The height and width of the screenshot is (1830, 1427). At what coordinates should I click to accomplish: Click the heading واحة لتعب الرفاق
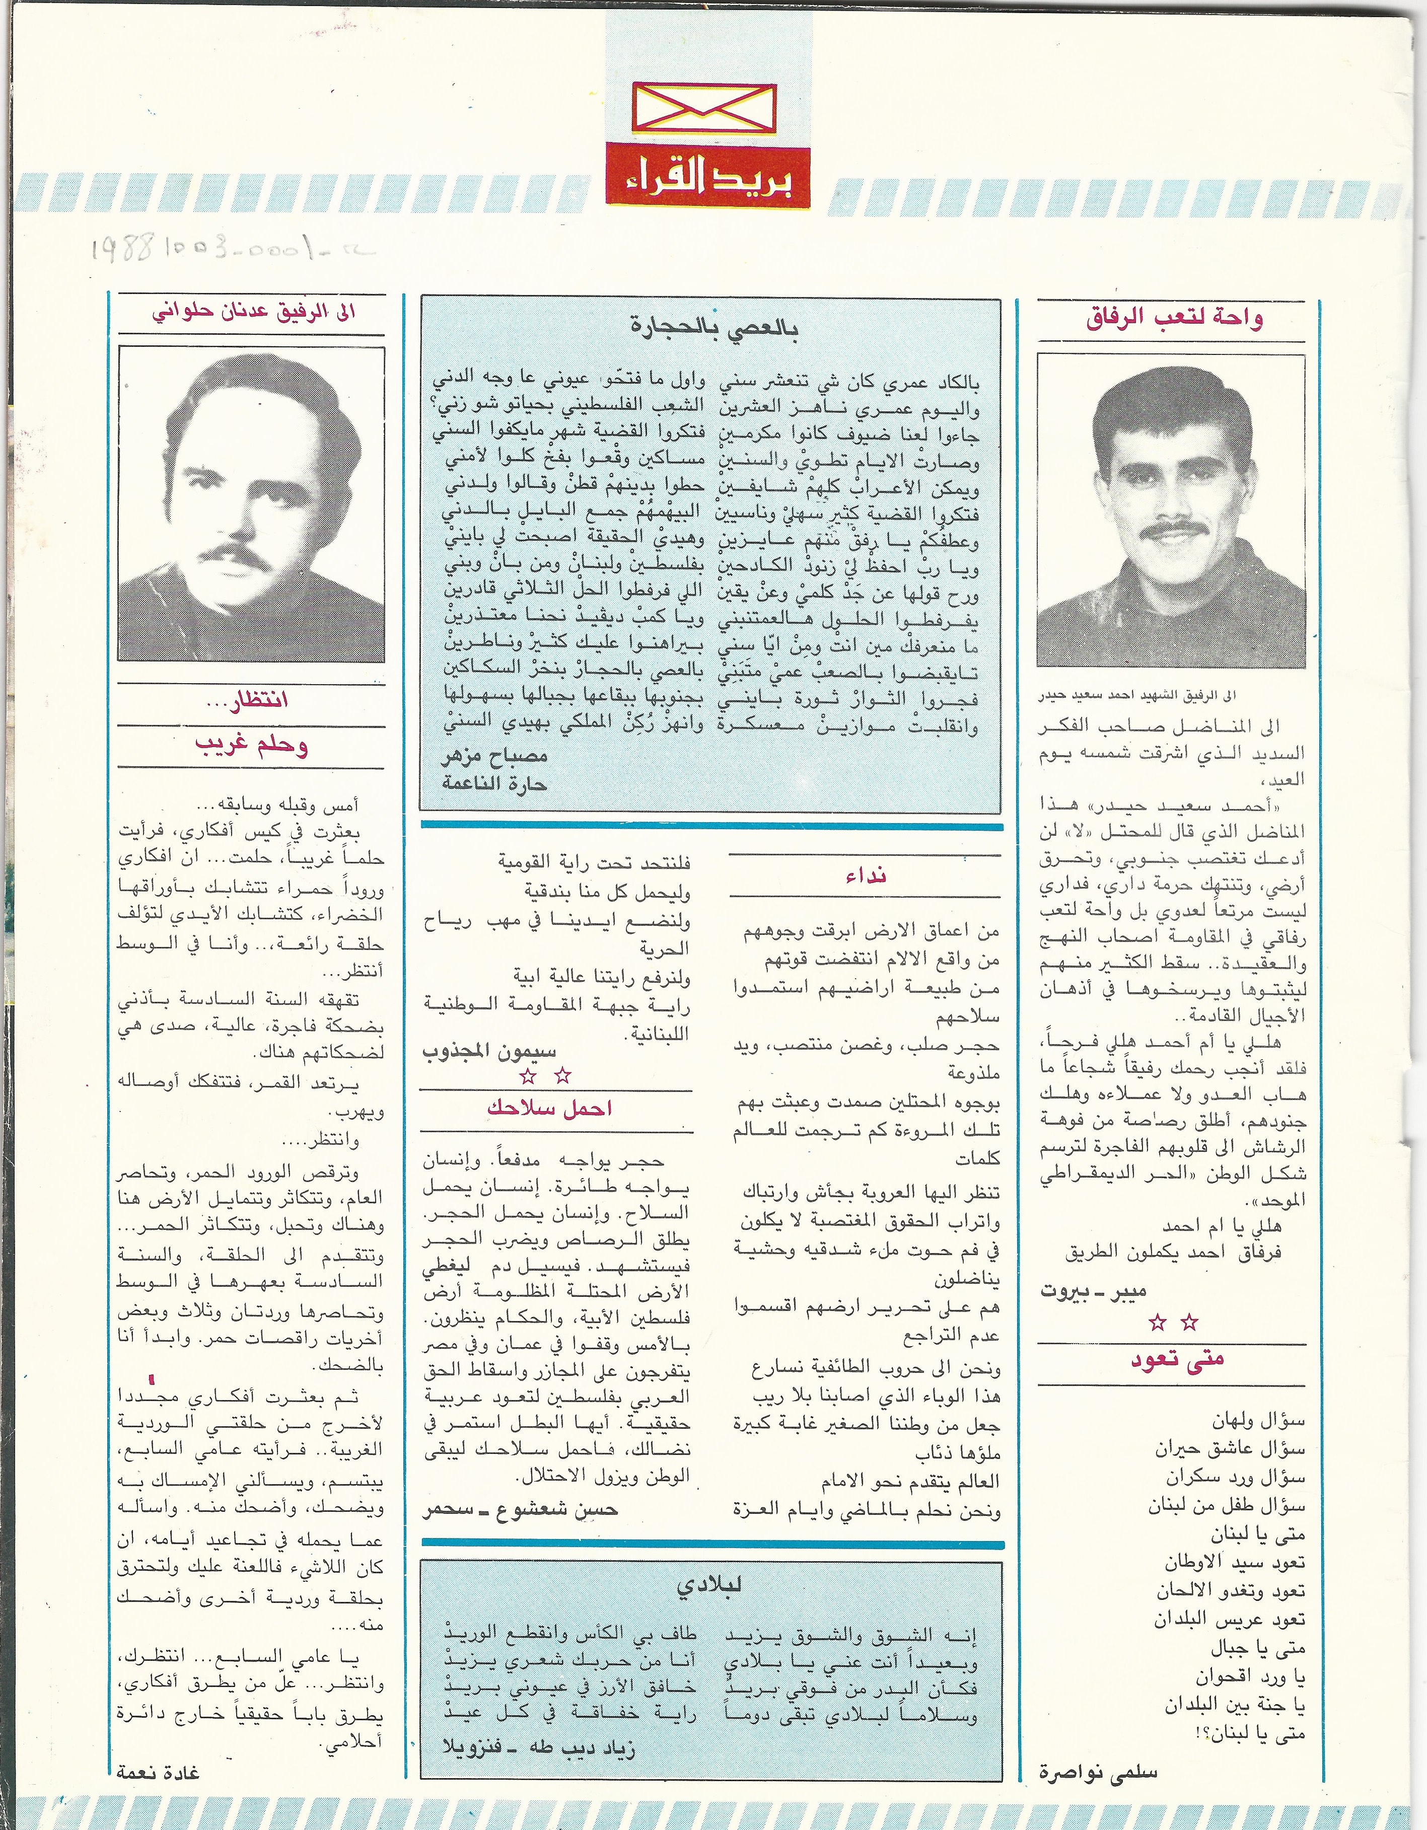click(x=1174, y=319)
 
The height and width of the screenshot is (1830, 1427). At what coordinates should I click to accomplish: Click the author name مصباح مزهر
click(x=494, y=756)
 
